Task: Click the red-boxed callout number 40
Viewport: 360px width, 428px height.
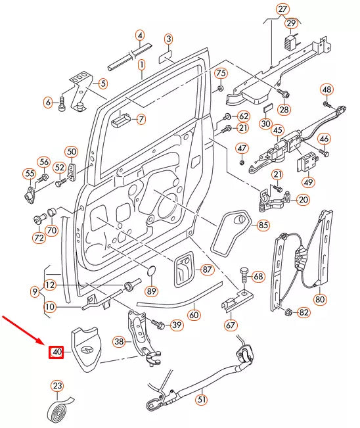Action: point(57,352)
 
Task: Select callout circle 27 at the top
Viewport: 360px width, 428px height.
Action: point(282,9)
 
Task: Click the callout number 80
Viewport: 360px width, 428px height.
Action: point(320,299)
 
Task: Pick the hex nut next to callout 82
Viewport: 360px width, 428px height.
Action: point(287,312)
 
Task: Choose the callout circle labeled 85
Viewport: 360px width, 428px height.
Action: point(263,226)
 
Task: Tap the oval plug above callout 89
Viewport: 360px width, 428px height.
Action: point(151,272)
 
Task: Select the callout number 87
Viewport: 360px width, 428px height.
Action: point(207,270)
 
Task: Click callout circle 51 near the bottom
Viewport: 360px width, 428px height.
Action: point(202,398)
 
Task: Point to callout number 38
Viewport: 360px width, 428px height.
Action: point(119,341)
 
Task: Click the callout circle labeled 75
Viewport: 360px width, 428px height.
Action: point(221,72)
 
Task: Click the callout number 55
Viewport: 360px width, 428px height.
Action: point(29,174)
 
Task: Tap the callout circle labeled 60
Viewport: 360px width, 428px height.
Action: point(194,314)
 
